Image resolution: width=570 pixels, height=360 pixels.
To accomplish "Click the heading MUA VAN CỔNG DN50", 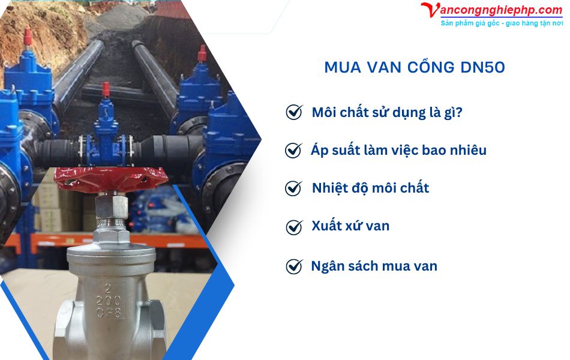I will [x=414, y=67].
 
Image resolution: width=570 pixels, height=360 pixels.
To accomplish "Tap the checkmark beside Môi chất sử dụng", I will [x=294, y=112].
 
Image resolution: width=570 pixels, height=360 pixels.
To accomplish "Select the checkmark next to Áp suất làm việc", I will [x=293, y=150].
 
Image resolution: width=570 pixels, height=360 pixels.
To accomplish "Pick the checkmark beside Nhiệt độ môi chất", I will [x=293, y=188].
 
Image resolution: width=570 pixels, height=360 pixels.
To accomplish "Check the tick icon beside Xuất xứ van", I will [x=294, y=227].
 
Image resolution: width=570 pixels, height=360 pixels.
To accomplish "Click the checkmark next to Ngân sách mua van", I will [x=294, y=266].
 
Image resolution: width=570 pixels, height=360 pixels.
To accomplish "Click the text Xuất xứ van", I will [x=350, y=226].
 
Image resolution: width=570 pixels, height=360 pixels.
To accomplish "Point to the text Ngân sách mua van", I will [x=374, y=266].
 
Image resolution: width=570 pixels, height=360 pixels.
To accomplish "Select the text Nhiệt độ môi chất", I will [x=370, y=188].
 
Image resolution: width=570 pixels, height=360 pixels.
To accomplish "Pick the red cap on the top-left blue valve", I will [x=26, y=36].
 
